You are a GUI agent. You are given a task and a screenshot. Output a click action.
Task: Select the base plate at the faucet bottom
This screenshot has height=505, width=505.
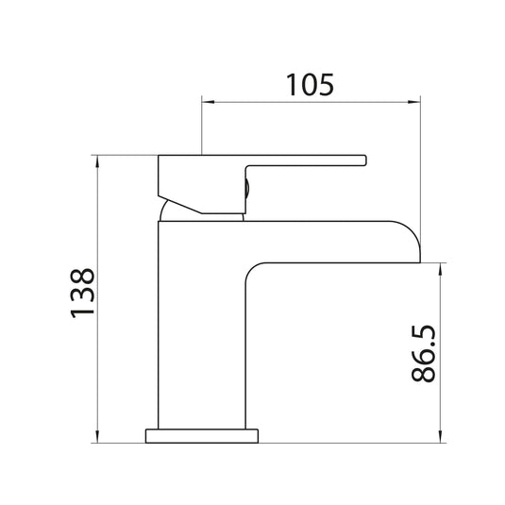(x=202, y=436)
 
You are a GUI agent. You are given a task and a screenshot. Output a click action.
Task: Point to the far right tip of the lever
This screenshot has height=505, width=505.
(x=363, y=162)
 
